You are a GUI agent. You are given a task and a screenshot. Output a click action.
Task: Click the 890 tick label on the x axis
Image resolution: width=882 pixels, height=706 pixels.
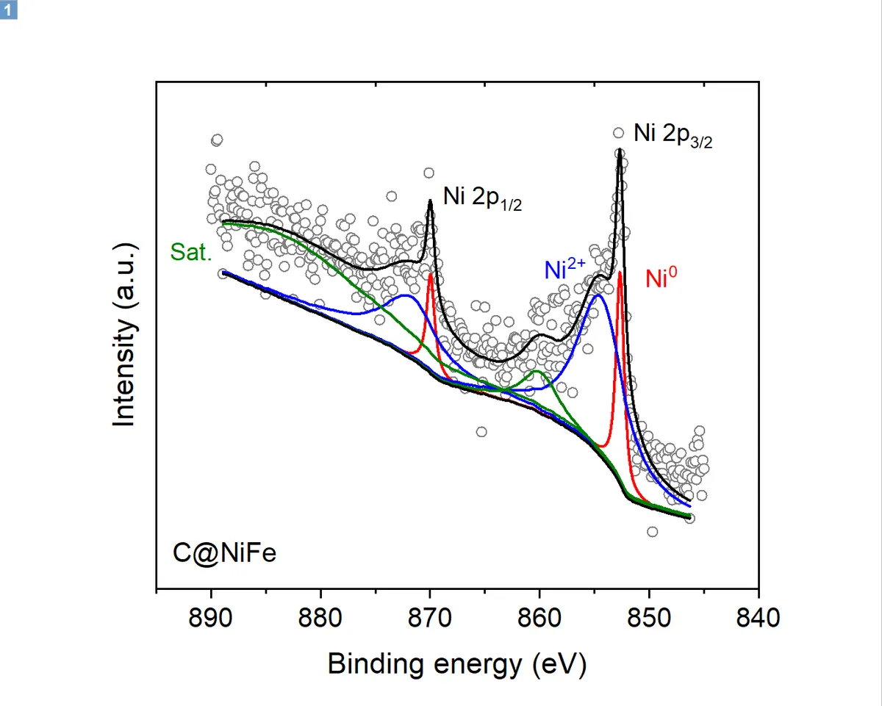tap(212, 619)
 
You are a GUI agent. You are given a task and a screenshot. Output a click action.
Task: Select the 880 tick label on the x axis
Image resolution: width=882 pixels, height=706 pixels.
tap(321, 619)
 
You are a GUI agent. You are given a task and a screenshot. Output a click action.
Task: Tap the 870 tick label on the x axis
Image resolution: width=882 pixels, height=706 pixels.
tap(430, 619)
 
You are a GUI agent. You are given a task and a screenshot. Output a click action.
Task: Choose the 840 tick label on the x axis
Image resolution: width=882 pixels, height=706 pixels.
tap(758, 619)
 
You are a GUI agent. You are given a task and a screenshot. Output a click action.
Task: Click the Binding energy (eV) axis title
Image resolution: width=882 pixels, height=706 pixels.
tap(456, 665)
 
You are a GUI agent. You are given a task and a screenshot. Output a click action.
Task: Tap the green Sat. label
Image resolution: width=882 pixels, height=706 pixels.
tap(191, 252)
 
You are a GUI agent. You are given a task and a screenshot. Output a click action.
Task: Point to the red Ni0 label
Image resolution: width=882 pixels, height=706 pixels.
tap(661, 278)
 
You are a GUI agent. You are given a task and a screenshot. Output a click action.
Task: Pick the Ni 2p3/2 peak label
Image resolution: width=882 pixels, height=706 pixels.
tap(673, 137)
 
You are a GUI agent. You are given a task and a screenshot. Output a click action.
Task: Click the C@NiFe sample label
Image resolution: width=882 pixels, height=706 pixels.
tap(225, 552)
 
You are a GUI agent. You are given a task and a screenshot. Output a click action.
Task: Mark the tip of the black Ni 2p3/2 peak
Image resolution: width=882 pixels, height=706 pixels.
tap(620, 151)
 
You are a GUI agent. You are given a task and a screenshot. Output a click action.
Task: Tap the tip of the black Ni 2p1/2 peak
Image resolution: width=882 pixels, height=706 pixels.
tap(430, 201)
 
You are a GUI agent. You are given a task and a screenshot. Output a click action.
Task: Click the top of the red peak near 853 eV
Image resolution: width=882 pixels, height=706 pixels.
tap(620, 273)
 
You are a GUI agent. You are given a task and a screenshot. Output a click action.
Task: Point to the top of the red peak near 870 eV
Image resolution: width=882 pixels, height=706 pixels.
tap(430, 275)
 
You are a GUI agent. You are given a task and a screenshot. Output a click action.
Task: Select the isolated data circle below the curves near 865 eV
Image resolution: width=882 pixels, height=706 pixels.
tap(481, 431)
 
